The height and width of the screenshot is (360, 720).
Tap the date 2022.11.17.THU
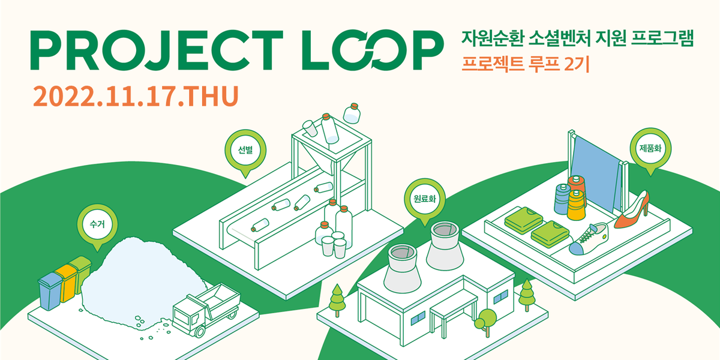[136, 96]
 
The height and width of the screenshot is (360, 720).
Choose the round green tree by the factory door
[487, 318]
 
